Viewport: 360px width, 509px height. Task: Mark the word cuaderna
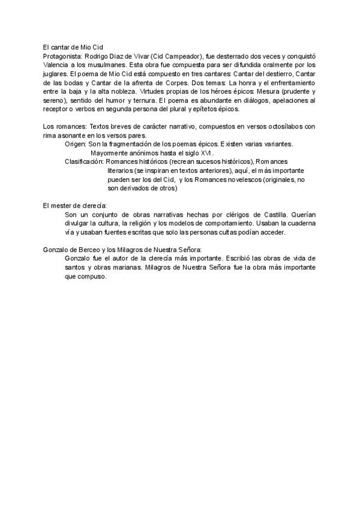pyautogui.click(x=300, y=224)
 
